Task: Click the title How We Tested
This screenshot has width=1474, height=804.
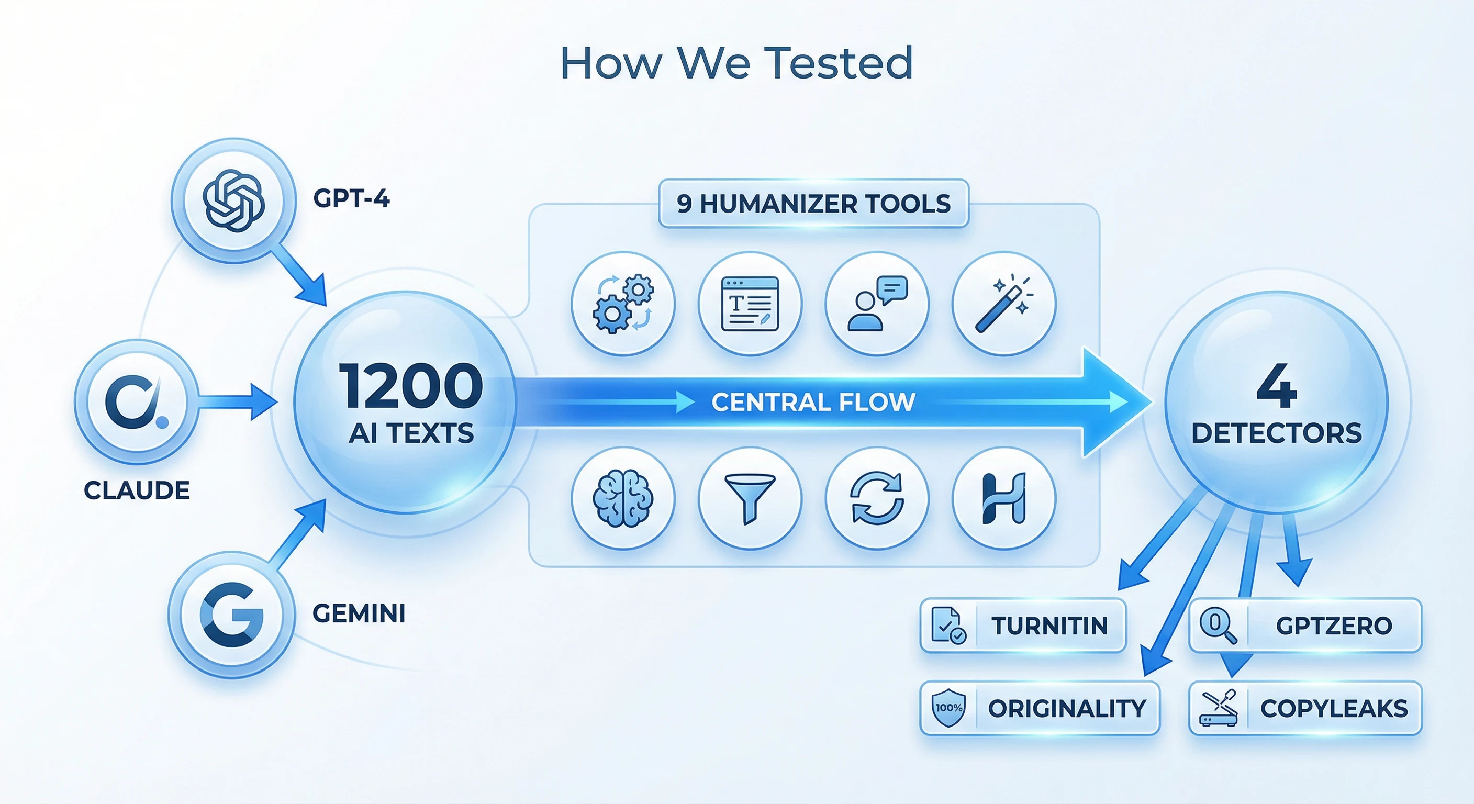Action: [736, 63]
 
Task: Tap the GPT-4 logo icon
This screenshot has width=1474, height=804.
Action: [233, 200]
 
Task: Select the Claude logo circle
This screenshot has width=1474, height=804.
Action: [137, 401]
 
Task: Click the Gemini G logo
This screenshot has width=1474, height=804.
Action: [231, 615]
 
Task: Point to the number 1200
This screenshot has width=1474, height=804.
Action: [411, 386]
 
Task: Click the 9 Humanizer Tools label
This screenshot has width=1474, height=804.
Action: [813, 204]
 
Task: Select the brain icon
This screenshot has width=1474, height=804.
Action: [623, 498]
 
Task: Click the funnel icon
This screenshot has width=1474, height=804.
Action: [750, 498]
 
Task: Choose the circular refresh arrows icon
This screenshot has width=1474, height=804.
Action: [877, 498]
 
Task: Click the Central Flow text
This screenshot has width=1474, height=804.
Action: [813, 403]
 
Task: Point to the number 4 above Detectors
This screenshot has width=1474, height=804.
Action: [1276, 386]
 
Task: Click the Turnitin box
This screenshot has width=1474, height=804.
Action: [1022, 626]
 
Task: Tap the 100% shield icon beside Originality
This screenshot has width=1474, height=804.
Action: [948, 708]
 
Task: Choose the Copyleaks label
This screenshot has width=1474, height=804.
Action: [1334, 708]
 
